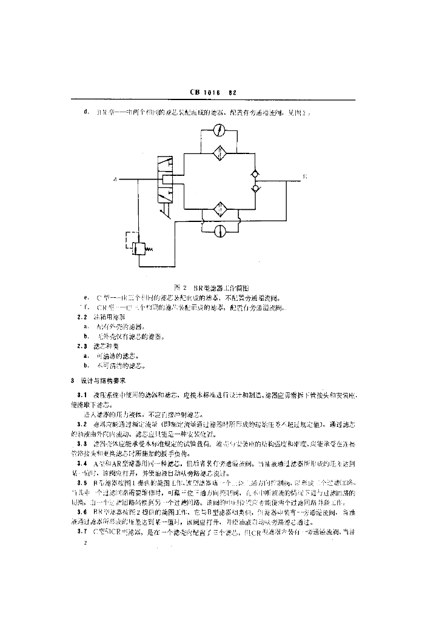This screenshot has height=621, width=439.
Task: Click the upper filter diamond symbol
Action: coord(221,153)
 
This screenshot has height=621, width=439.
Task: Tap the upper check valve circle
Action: coord(256,175)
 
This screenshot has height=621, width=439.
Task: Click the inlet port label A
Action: coord(115,180)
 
